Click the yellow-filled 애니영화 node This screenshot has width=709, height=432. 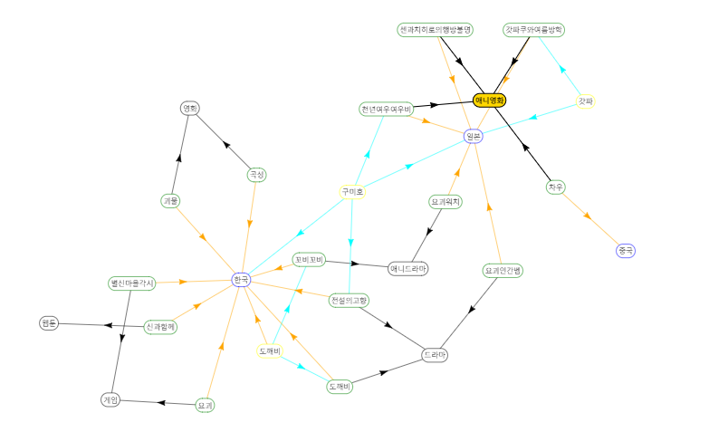pos(489,100)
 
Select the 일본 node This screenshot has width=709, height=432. pos(473,137)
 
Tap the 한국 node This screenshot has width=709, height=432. pos(240,280)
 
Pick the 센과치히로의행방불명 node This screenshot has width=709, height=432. pos(436,30)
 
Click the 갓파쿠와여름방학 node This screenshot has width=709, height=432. pos(534,30)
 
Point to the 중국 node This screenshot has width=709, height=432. pos(626,250)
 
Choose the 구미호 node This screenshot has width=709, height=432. pos(351,192)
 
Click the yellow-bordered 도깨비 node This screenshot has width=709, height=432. pos(269,350)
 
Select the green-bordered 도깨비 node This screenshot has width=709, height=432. pos(339,387)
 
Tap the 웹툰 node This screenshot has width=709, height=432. pos(49,322)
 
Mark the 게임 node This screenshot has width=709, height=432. pos(110,399)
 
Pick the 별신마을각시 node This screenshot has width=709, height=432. pos(131,283)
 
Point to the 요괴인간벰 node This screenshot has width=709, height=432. pos(503,270)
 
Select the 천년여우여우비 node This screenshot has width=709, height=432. pos(386,110)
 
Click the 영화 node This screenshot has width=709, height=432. pos(190,109)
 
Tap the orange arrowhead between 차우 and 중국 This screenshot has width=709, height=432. pos(589,217)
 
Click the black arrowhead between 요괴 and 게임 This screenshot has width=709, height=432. pos(159,402)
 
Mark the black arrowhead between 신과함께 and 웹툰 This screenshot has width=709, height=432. pos(109,324)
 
